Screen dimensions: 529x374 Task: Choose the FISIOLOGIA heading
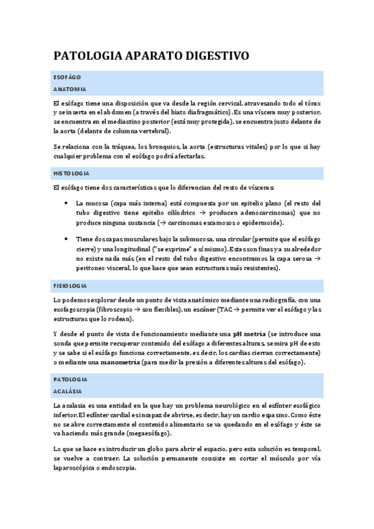(x=70, y=285)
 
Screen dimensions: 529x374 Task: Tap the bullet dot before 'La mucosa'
(x=67, y=203)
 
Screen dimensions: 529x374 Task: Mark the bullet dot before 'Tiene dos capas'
(x=67, y=239)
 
